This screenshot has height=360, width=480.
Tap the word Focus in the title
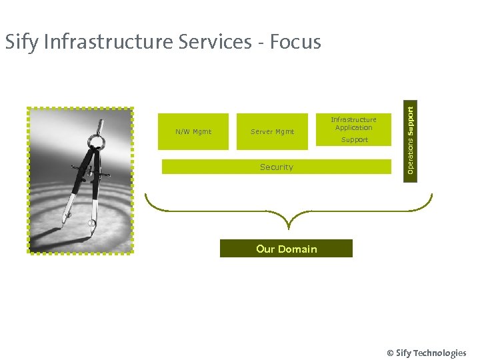tap(297, 42)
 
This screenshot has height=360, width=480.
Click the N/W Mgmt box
tap(193, 131)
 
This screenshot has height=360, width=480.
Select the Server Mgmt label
tap(272, 131)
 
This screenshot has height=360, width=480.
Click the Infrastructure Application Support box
tap(354, 130)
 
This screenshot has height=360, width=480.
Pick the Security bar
tap(276, 167)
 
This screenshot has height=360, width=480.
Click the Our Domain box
tap(286, 249)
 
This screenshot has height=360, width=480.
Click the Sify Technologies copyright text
tap(426, 353)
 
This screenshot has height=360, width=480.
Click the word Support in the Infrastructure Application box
tap(354, 140)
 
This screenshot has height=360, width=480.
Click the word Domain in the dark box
tap(297, 249)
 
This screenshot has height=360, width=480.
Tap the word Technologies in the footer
tap(440, 353)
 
